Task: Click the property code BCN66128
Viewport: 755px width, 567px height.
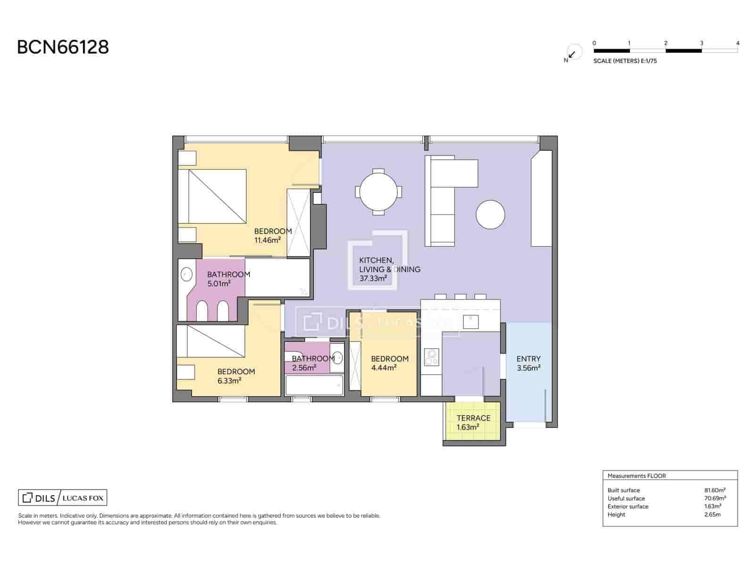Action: [x=63, y=47]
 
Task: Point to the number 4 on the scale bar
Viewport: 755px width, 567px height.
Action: [x=738, y=43]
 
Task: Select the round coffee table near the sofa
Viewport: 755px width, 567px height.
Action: [x=490, y=215]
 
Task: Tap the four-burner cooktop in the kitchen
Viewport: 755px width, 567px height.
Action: [x=431, y=357]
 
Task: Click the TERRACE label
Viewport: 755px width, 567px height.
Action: [x=473, y=418]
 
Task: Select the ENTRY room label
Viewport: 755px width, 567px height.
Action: [x=528, y=359]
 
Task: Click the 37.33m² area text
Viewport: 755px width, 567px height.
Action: [x=373, y=278]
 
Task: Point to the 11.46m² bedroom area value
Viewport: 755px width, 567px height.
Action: [x=268, y=240]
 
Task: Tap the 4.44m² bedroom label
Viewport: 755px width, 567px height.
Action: [x=384, y=368]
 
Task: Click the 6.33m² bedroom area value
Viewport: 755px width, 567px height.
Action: [x=230, y=380]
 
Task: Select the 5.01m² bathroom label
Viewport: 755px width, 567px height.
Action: [x=219, y=283]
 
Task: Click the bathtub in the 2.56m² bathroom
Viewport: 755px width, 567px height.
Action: [x=314, y=386]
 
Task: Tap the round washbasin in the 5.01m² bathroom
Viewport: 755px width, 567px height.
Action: [x=187, y=274]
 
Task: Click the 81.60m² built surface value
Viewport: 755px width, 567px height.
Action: [x=714, y=490]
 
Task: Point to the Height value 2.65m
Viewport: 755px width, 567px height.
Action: [x=712, y=515]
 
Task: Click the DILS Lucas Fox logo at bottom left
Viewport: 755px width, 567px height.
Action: [x=62, y=498]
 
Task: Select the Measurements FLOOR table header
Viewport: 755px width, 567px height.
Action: [x=637, y=476]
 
